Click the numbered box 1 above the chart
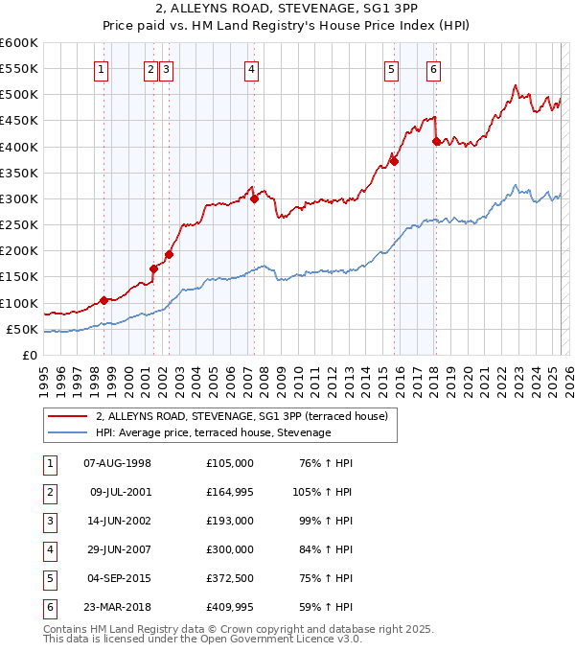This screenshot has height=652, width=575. pyautogui.click(x=102, y=68)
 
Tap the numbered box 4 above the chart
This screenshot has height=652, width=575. pyautogui.click(x=250, y=68)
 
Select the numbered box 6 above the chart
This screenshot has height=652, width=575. pyautogui.click(x=434, y=68)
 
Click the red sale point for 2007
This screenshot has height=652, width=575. pyautogui.click(x=255, y=198)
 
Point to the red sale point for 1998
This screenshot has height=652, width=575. pyautogui.click(x=103, y=300)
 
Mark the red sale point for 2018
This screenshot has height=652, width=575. pyautogui.click(x=437, y=141)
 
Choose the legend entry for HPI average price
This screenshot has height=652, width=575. pyautogui.click(x=213, y=433)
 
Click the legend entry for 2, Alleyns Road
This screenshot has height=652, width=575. pyautogui.click(x=241, y=416)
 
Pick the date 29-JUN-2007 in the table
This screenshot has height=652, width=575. pyautogui.click(x=117, y=550)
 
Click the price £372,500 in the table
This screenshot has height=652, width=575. pyautogui.click(x=229, y=579)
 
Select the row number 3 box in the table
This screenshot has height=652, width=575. pyautogui.click(x=49, y=522)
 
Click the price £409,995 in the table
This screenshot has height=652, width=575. pyautogui.click(x=229, y=608)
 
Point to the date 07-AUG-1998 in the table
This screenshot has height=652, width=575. pyautogui.click(x=117, y=464)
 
